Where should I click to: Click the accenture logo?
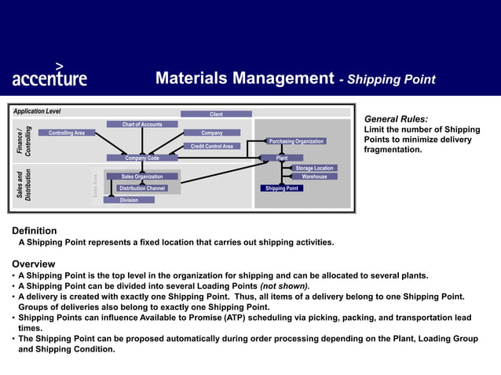[x=49, y=75]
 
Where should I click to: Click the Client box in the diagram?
[x=216, y=115]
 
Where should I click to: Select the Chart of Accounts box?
[x=142, y=124]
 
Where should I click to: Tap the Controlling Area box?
[x=67, y=133]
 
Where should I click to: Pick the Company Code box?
[x=142, y=158]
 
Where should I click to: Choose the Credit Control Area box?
[x=212, y=146]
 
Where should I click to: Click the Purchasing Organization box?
[x=296, y=141]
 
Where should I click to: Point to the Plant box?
[x=282, y=158]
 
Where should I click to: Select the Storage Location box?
[x=314, y=168]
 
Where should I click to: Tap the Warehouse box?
[x=314, y=177]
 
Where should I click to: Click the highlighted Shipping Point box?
[x=281, y=188]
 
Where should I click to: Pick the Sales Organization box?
[x=142, y=177]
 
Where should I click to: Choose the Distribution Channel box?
[x=142, y=188]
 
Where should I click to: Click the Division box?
[x=129, y=200]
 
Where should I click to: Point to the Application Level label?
[x=37, y=111]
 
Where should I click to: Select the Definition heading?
[x=35, y=231]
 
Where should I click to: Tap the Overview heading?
[x=34, y=264]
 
